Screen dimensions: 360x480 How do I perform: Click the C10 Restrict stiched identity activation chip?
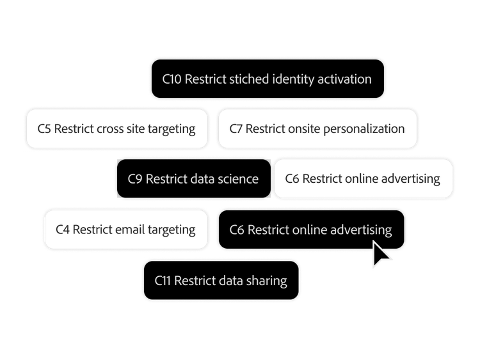(267, 79)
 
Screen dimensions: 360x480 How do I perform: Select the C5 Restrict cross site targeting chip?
(117, 129)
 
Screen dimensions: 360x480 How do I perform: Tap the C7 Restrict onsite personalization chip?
(317, 129)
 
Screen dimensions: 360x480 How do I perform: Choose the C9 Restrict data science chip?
(193, 178)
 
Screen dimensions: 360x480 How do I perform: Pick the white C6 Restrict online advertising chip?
(364, 178)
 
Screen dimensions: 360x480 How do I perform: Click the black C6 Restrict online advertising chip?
(310, 229)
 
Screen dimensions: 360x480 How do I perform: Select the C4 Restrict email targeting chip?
(126, 229)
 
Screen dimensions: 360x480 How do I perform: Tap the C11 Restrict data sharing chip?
(221, 280)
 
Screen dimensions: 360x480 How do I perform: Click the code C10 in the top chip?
(172, 79)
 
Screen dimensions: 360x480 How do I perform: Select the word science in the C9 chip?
(237, 178)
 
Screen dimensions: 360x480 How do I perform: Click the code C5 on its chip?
(44, 129)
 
